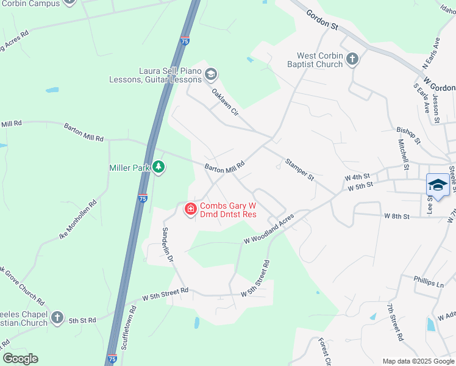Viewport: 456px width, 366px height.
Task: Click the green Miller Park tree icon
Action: [x=159, y=167]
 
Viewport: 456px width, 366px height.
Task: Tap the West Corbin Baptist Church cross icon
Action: [x=352, y=59]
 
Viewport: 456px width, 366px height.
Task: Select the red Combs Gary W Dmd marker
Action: [x=190, y=209]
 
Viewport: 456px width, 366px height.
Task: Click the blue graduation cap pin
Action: [x=438, y=185]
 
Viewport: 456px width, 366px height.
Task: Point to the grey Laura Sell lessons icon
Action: [x=211, y=74]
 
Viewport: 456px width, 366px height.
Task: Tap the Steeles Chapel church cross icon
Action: [x=57, y=317]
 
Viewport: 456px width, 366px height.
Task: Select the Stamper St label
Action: [x=299, y=170]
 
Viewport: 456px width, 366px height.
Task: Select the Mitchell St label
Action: [x=403, y=154]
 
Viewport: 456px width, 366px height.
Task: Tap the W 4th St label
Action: [x=357, y=176]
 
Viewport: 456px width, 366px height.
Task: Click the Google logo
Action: [x=20, y=359]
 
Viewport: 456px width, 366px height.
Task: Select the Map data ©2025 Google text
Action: [x=418, y=361]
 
